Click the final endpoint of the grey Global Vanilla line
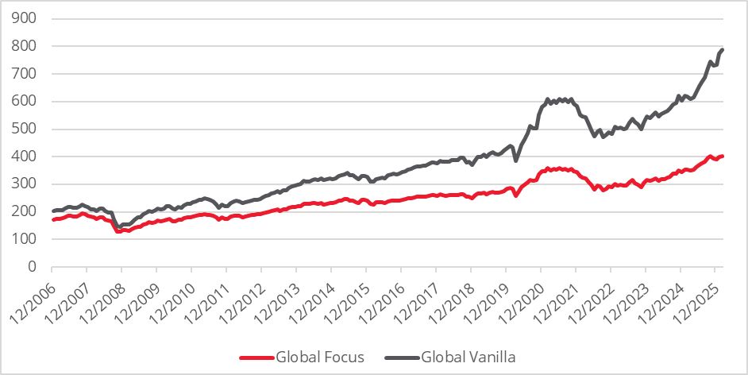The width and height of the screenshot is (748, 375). click(x=723, y=50)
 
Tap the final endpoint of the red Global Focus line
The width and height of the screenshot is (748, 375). click(x=723, y=156)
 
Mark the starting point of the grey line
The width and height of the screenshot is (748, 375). click(x=52, y=211)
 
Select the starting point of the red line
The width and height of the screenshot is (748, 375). click(x=52, y=220)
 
